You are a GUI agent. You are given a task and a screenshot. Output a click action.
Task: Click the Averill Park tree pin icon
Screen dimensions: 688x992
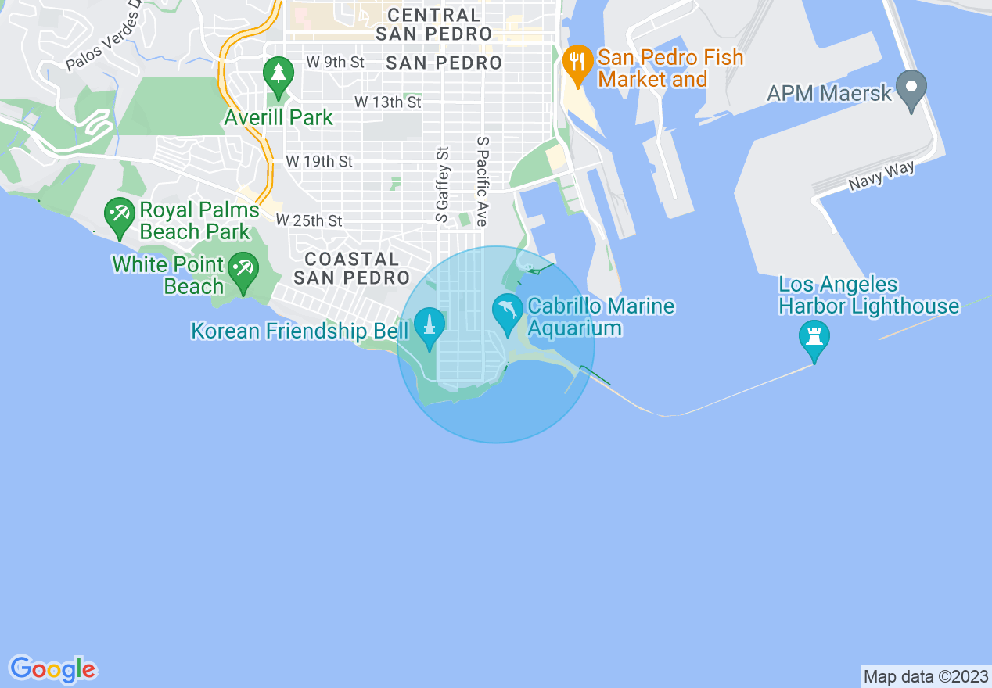278,75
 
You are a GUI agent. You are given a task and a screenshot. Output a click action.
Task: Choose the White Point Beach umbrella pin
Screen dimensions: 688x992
244,271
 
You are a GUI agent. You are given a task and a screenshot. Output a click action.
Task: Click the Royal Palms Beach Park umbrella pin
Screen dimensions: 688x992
120,215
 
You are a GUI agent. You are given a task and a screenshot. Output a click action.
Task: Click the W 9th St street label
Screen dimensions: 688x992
335,63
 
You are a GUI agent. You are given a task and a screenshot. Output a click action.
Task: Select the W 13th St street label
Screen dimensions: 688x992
387,102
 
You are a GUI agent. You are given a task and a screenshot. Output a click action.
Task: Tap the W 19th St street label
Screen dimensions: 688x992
319,161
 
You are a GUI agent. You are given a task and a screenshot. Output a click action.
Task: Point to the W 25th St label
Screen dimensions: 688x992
309,221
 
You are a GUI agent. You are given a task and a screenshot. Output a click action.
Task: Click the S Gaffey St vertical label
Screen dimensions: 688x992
443,185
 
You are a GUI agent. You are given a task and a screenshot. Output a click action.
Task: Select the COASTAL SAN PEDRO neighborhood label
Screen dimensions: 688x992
351,268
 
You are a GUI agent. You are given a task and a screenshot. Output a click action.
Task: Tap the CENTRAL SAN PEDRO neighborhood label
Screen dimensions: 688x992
434,24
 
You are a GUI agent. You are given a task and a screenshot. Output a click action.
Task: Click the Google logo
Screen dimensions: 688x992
52,669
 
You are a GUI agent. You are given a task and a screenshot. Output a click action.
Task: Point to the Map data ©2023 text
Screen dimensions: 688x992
925,676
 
